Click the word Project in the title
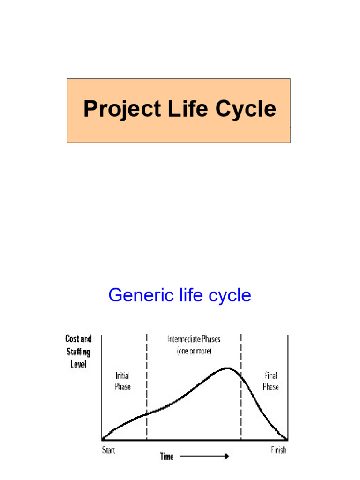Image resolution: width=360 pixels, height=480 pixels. click(122, 109)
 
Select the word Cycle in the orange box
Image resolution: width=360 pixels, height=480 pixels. click(246, 109)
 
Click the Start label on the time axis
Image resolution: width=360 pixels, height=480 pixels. click(109, 450)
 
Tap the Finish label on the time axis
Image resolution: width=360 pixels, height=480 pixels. click(278, 450)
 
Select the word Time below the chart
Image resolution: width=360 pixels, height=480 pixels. click(167, 457)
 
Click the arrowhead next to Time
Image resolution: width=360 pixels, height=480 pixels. click(226, 456)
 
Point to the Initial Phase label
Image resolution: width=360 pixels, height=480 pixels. click(123, 381)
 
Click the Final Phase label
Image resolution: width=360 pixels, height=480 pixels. click(271, 381)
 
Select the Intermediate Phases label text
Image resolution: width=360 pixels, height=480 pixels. click(194, 339)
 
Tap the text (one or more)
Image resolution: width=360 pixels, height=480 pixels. click(194, 351)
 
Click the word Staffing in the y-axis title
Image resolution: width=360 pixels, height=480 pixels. click(79, 352)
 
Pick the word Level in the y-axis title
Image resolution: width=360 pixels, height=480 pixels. click(79, 364)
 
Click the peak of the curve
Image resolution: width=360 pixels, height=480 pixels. click(227, 368)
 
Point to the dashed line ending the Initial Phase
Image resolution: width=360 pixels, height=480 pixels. click(147, 387)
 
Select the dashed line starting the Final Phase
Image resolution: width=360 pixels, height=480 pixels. click(241, 387)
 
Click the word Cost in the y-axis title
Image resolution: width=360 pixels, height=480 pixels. click(72, 338)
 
